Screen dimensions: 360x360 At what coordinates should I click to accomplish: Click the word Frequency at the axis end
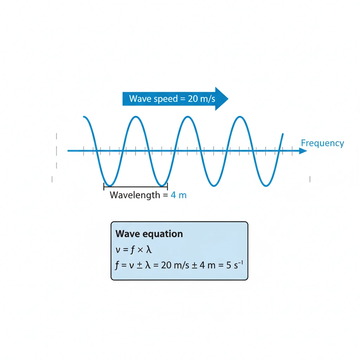point(322,143)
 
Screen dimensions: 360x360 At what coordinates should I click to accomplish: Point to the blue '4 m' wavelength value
point(179,195)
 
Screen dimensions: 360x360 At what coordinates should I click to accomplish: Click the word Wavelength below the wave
point(135,195)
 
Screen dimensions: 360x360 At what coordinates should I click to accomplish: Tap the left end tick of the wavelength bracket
point(104,186)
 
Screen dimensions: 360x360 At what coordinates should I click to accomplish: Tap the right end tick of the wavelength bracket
point(167,186)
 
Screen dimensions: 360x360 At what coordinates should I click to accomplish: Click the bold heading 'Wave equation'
point(149,234)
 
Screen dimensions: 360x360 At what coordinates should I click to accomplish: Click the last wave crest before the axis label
point(240,117)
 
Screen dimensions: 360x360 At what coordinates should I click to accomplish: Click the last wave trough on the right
point(266,185)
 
